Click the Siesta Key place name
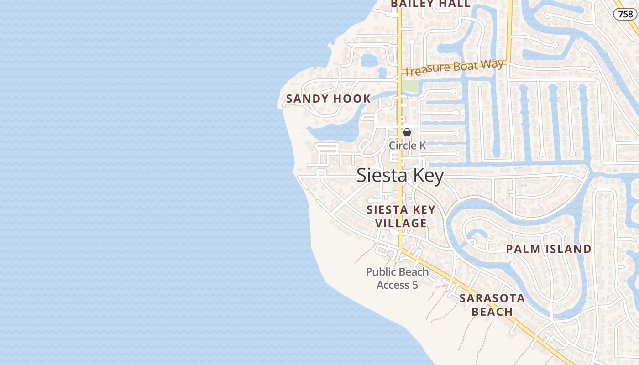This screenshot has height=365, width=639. [x=400, y=176]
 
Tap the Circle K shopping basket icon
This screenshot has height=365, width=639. [x=407, y=133]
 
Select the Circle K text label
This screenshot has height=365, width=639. [x=407, y=146]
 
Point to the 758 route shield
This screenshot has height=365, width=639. [x=625, y=14]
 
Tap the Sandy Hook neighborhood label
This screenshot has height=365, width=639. [x=328, y=99]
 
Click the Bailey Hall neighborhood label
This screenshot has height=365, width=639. [x=430, y=4]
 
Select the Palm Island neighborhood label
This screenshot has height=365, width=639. [x=549, y=249]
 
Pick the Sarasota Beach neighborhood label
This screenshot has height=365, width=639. [x=492, y=305]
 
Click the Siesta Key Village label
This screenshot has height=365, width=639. [x=401, y=216]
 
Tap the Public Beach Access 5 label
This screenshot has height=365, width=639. [x=397, y=278]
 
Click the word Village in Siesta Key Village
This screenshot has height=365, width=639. [x=401, y=223]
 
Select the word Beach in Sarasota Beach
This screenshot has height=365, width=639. [x=492, y=312]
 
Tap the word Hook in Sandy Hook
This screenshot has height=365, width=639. [x=352, y=99]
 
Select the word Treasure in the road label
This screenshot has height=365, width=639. [x=424, y=70]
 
